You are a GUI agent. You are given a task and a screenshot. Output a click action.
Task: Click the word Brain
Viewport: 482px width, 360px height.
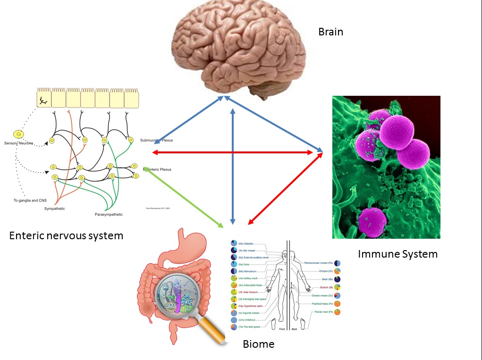coord(330,32)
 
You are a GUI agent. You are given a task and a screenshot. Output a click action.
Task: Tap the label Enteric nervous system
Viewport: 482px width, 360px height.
coord(66,235)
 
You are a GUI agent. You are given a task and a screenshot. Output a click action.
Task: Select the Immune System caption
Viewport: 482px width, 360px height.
coord(397,254)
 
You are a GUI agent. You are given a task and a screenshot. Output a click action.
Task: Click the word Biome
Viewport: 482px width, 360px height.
coord(258,344)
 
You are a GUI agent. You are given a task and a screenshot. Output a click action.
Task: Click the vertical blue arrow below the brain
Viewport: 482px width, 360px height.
coord(232,165)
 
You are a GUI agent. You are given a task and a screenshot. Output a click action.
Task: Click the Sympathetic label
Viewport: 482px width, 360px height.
coord(55,209)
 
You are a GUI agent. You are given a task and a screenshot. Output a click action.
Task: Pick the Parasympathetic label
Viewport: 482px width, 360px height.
coord(109,215)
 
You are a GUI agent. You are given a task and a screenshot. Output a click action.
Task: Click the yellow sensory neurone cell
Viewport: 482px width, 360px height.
coord(18,134)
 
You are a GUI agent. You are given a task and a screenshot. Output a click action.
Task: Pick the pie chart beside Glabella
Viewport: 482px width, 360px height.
coord(234,243)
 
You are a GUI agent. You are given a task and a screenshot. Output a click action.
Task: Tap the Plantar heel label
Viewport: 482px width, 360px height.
coord(323,312)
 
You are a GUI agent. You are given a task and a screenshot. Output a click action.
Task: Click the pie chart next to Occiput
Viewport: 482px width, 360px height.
coord(338,271)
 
